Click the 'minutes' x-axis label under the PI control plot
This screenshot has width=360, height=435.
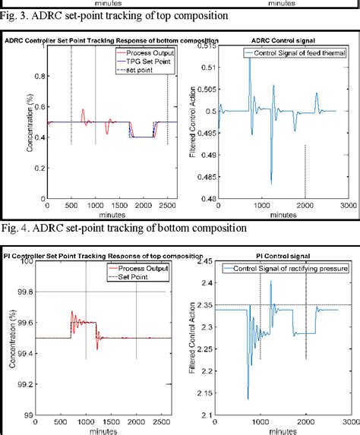click(x=281, y=431)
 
